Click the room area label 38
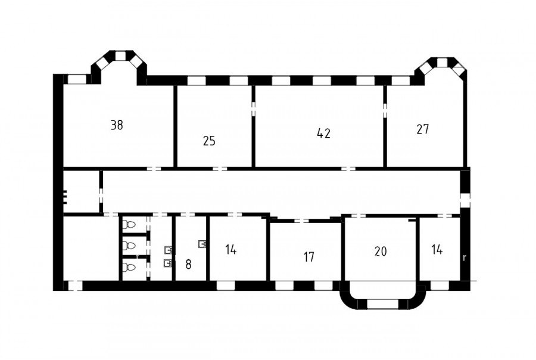point(117,125)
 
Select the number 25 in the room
point(209,141)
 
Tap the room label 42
point(324,133)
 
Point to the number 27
point(423,129)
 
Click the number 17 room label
point(309,257)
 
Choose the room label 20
point(381,252)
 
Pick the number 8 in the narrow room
point(188,264)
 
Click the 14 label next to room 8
point(231,250)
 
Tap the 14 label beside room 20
point(437,250)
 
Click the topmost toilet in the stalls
point(129,225)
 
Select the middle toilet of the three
point(129,246)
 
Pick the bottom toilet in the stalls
point(129,267)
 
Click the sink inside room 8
point(202,244)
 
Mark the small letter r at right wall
point(464,257)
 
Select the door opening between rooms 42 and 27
point(385,111)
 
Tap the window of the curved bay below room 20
point(382,303)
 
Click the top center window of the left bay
point(120,56)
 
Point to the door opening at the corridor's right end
point(465,200)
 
